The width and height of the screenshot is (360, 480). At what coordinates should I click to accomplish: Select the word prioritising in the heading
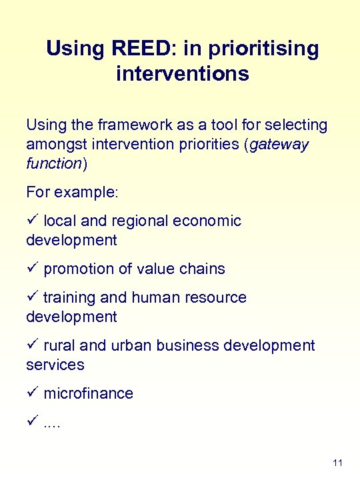click(264, 49)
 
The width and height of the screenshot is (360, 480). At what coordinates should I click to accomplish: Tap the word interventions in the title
click(182, 73)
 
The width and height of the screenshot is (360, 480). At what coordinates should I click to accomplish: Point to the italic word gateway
click(279, 144)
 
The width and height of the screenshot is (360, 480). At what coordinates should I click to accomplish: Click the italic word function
click(53, 163)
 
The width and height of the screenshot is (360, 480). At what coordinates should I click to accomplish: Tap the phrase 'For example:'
click(72, 192)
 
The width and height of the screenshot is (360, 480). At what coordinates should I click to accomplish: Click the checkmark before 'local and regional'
click(32, 221)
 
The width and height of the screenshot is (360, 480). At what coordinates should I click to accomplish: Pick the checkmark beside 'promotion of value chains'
click(32, 269)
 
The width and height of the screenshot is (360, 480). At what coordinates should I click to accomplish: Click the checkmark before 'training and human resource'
click(32, 297)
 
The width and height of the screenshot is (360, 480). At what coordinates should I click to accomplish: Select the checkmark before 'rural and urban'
click(32, 345)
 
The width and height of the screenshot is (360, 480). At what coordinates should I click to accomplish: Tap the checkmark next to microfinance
click(32, 393)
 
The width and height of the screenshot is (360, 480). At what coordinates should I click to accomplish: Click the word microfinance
click(88, 393)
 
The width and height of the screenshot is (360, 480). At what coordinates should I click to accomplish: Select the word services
click(55, 365)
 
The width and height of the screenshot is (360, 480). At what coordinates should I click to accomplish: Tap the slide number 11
click(337, 463)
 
